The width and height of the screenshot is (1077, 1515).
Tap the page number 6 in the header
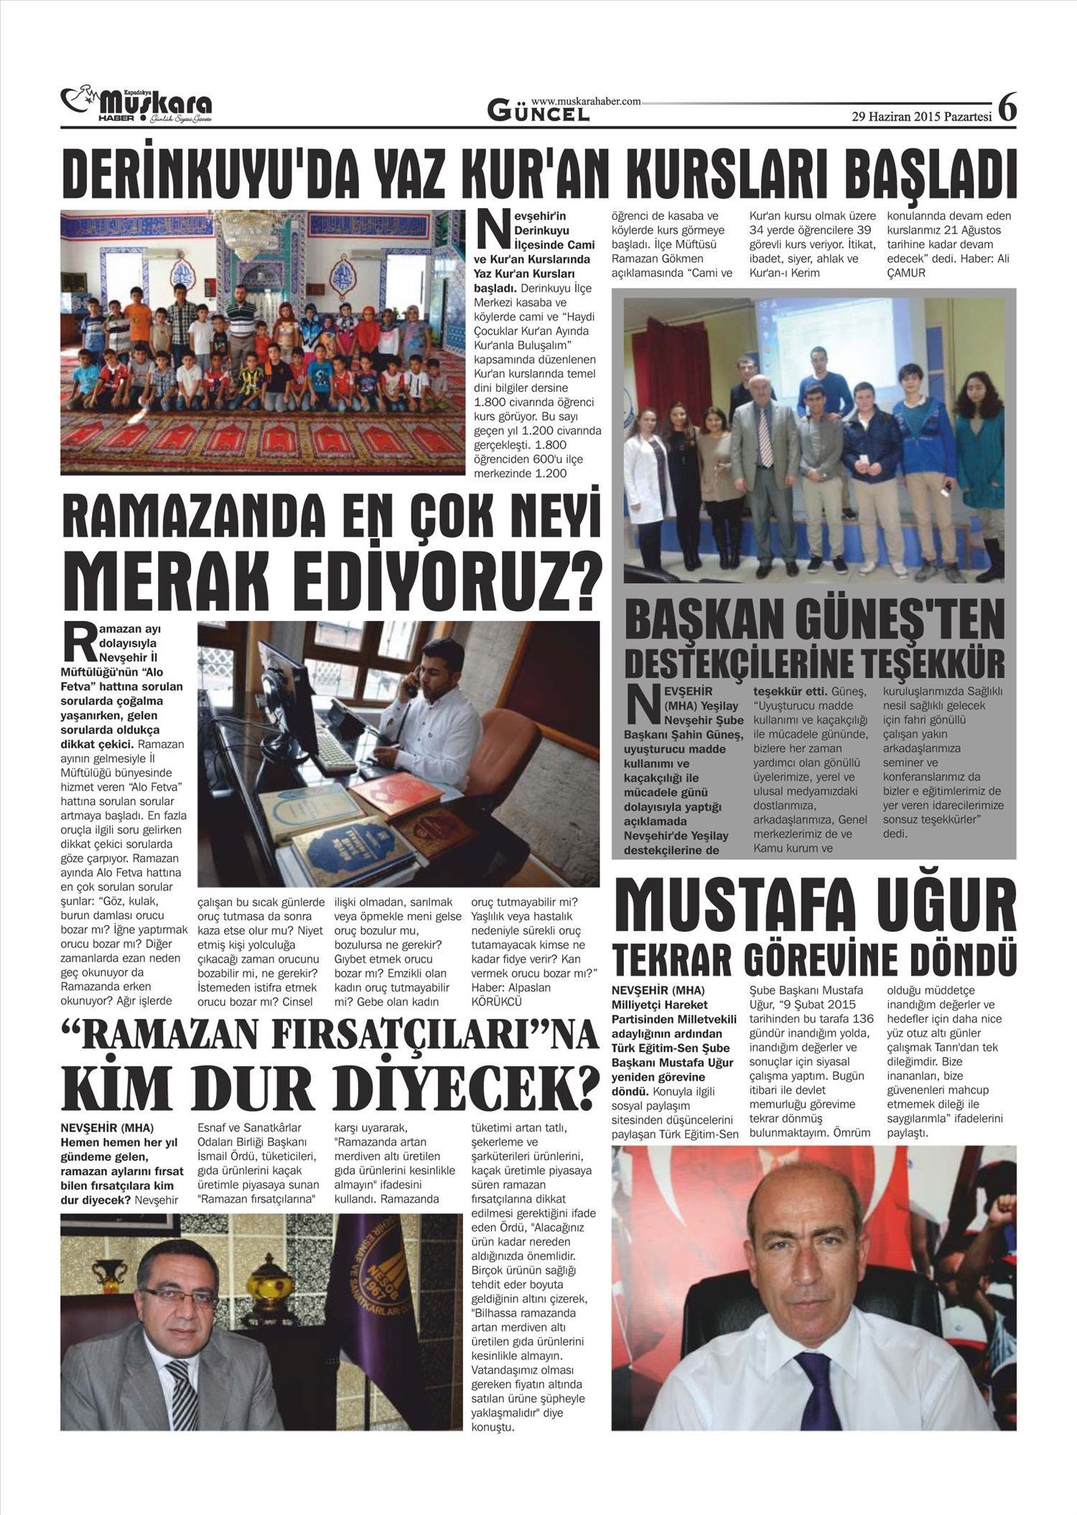tap(1008, 108)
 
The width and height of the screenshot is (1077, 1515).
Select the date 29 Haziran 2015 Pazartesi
tap(921, 116)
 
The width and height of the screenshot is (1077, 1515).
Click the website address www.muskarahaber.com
tap(586, 102)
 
